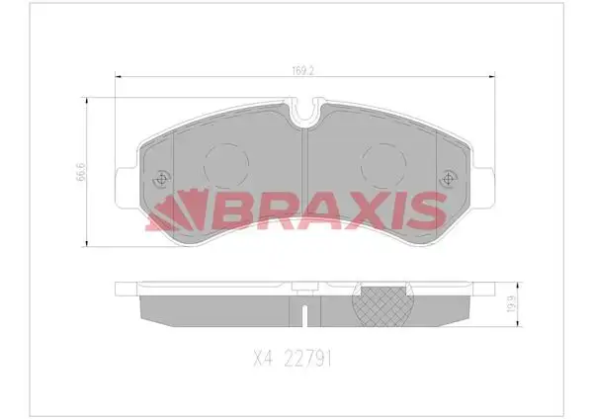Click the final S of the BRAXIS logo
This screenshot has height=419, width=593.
click(425, 209)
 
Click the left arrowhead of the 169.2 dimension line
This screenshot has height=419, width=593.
click(120, 79)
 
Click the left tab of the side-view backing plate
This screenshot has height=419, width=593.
click(125, 290)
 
